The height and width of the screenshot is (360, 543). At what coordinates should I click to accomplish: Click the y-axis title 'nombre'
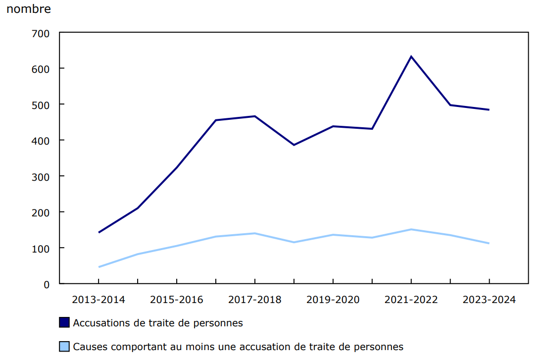click(28, 9)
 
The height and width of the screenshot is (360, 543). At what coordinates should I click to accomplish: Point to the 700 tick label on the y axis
click(41, 33)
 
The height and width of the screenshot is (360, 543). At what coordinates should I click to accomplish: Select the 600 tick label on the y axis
click(41, 68)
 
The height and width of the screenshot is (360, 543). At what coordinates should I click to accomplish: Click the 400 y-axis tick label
click(41, 141)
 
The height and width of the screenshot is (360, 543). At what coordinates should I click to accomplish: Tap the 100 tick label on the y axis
click(41, 248)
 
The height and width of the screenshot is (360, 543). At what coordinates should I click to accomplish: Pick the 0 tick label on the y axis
click(47, 284)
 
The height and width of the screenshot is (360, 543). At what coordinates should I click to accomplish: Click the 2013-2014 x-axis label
click(99, 300)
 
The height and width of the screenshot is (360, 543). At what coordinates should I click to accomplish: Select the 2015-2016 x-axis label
click(177, 300)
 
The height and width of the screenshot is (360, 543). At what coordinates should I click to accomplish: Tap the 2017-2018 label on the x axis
click(254, 300)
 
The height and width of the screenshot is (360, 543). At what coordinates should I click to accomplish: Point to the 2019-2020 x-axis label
click(333, 300)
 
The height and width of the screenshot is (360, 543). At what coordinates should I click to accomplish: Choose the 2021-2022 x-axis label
click(411, 300)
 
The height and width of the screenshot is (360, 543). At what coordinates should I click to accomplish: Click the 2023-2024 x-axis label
click(489, 300)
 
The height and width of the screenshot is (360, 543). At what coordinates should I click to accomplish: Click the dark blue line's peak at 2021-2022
click(411, 56)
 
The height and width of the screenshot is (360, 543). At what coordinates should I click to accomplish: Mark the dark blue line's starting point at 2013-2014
click(99, 232)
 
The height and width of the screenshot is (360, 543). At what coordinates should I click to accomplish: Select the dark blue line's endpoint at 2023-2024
click(489, 110)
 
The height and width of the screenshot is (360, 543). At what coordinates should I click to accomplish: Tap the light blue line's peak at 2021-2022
click(411, 229)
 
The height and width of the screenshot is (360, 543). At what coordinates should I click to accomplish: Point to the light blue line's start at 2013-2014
click(99, 267)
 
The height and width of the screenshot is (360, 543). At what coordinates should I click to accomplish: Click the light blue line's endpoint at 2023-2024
click(489, 243)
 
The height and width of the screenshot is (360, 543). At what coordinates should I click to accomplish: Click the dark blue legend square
click(64, 323)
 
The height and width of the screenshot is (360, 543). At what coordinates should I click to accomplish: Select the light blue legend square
click(64, 347)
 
